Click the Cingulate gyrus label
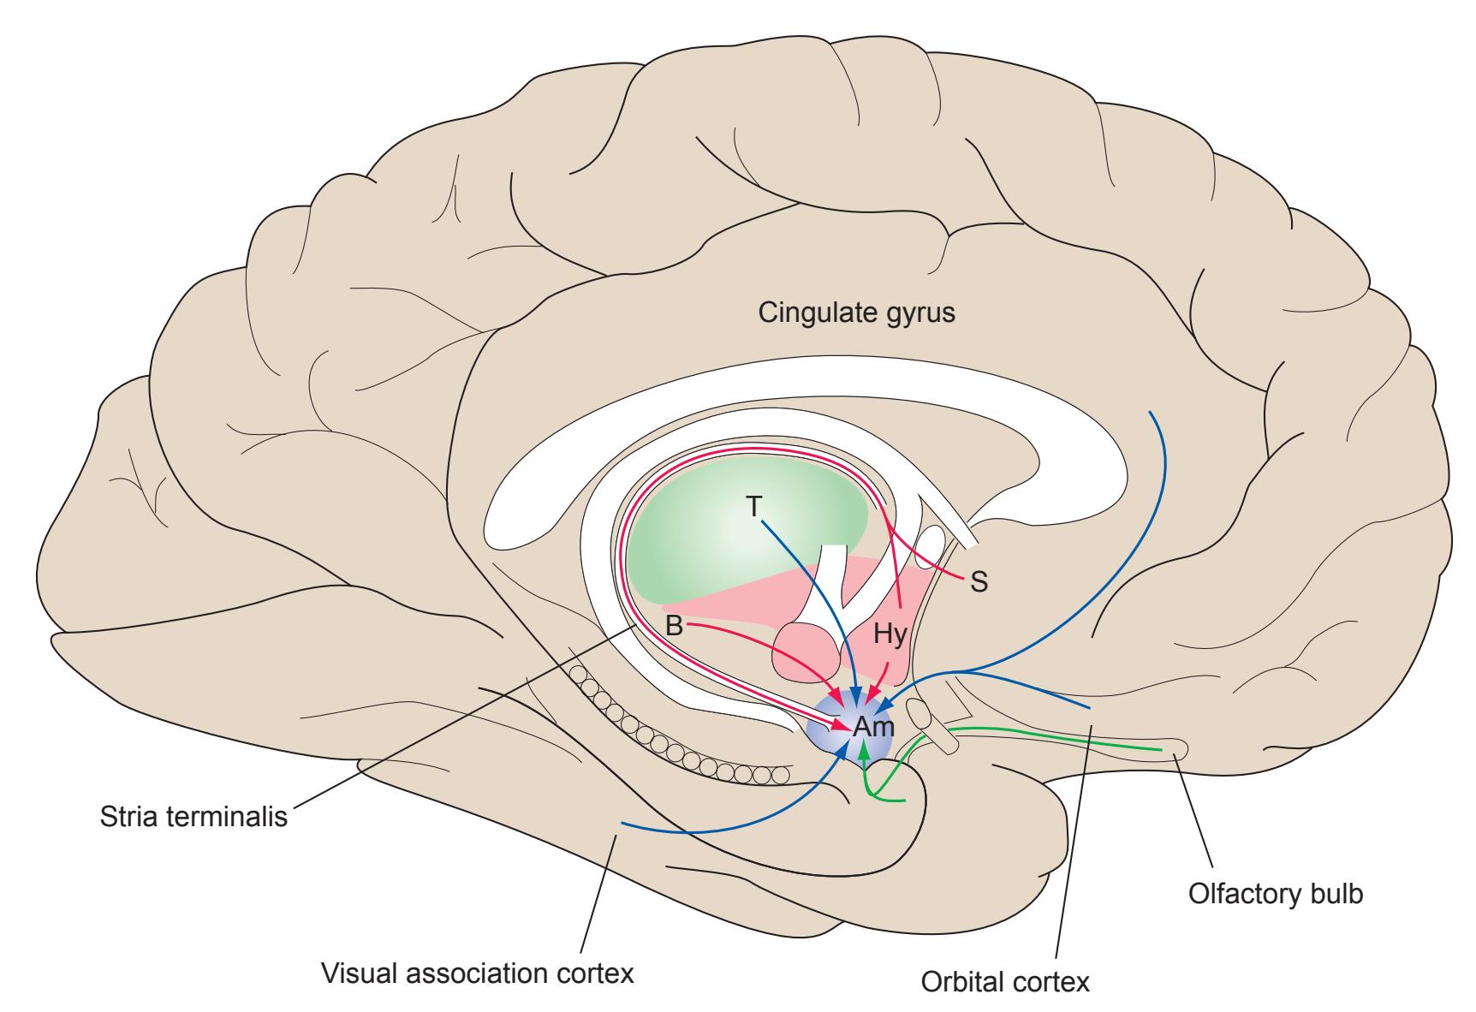[x=856, y=313]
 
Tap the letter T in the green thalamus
[x=753, y=507]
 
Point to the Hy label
[x=888, y=634]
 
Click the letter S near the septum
[x=979, y=583]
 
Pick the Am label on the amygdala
[x=873, y=729]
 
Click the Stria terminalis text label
[x=193, y=815]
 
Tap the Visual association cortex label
[x=477, y=973]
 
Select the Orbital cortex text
[x=1005, y=981]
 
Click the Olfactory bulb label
[x=1276, y=894]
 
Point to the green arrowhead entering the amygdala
[x=865, y=752]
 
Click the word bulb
[x=1337, y=894]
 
